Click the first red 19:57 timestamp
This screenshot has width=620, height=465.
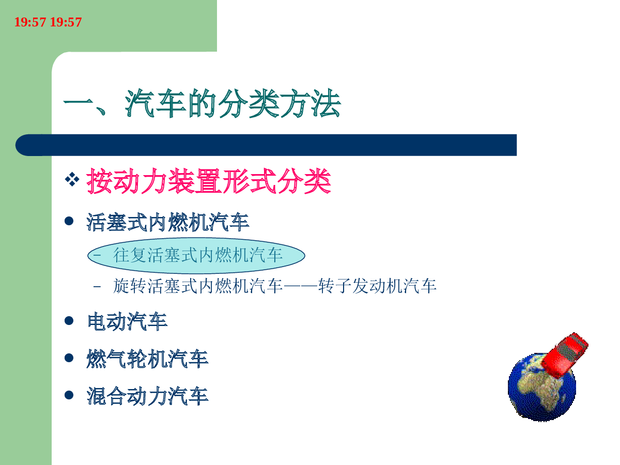click(x=30, y=22)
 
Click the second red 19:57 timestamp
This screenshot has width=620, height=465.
click(x=66, y=22)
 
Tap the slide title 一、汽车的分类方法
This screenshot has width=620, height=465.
click(x=202, y=103)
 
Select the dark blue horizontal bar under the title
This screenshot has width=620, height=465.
click(x=266, y=145)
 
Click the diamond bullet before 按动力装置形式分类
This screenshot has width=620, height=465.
click(x=72, y=179)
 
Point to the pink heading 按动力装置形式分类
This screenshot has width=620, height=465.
click(x=208, y=181)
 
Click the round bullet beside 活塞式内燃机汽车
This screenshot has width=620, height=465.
click(x=69, y=221)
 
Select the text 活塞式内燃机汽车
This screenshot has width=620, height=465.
click(x=168, y=222)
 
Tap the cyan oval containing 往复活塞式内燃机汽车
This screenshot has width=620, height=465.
click(x=196, y=256)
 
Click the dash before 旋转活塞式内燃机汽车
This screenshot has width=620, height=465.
click(x=97, y=287)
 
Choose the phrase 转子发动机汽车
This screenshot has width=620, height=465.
click(x=377, y=286)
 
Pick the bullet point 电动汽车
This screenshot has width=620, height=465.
click(x=127, y=321)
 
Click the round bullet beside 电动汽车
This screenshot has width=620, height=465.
click(x=69, y=321)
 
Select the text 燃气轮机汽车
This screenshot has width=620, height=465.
click(x=147, y=359)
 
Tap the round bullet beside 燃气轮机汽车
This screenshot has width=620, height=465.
click(x=69, y=358)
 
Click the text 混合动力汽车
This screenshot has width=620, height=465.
click(x=147, y=396)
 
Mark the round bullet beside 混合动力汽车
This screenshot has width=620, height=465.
click(x=69, y=395)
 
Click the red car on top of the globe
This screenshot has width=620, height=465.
click(x=564, y=355)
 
